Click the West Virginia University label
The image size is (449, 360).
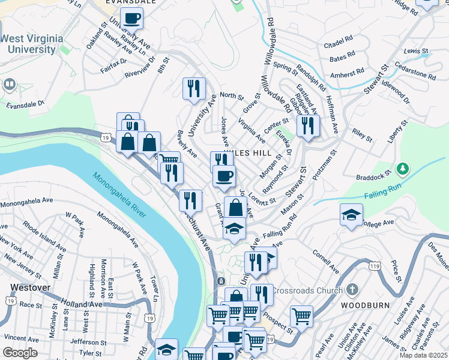click(x=31, y=44)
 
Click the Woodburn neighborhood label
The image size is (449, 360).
click(x=366, y=305)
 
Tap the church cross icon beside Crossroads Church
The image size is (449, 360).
click(x=353, y=290)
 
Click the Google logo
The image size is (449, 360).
click(x=20, y=353)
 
